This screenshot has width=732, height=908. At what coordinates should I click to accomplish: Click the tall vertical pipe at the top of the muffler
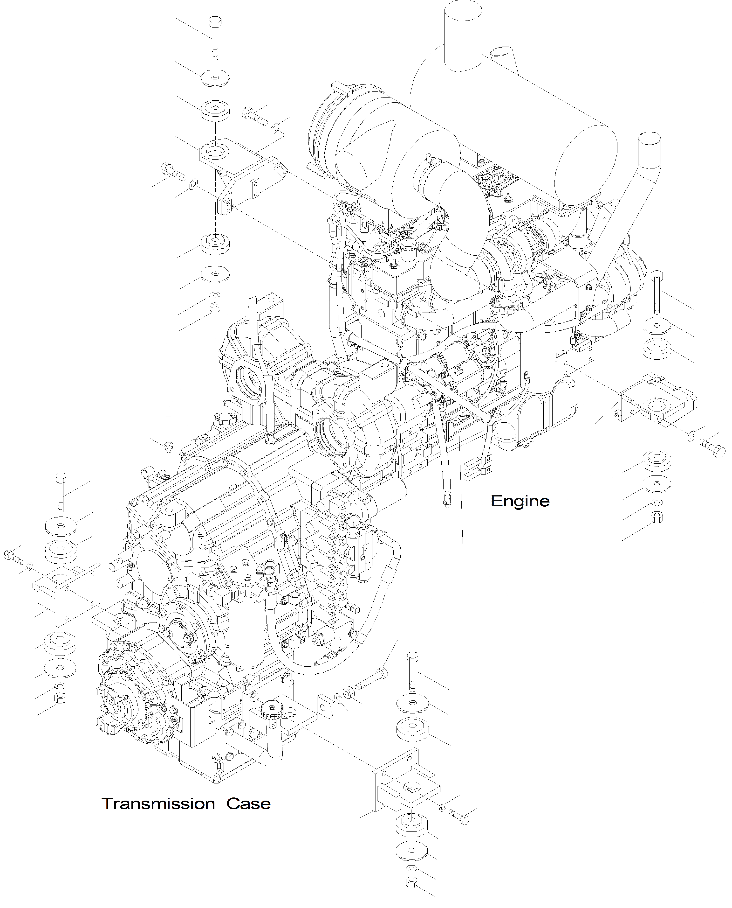pos(463,34)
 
